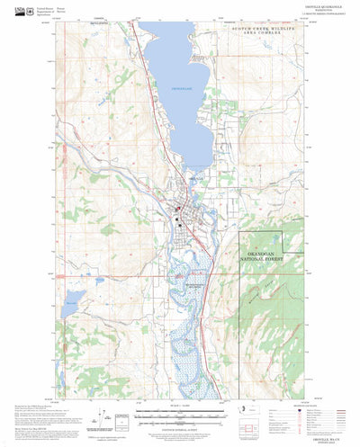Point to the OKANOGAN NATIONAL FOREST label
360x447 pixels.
(x=260, y=259)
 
